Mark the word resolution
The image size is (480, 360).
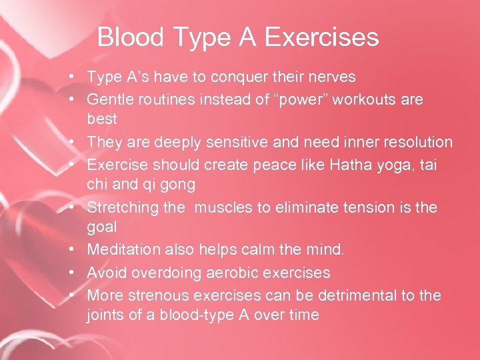click(x=413, y=143)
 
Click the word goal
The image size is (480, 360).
click(x=101, y=228)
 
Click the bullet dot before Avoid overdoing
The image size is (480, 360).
click(x=79, y=273)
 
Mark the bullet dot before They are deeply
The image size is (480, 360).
click(x=79, y=143)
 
